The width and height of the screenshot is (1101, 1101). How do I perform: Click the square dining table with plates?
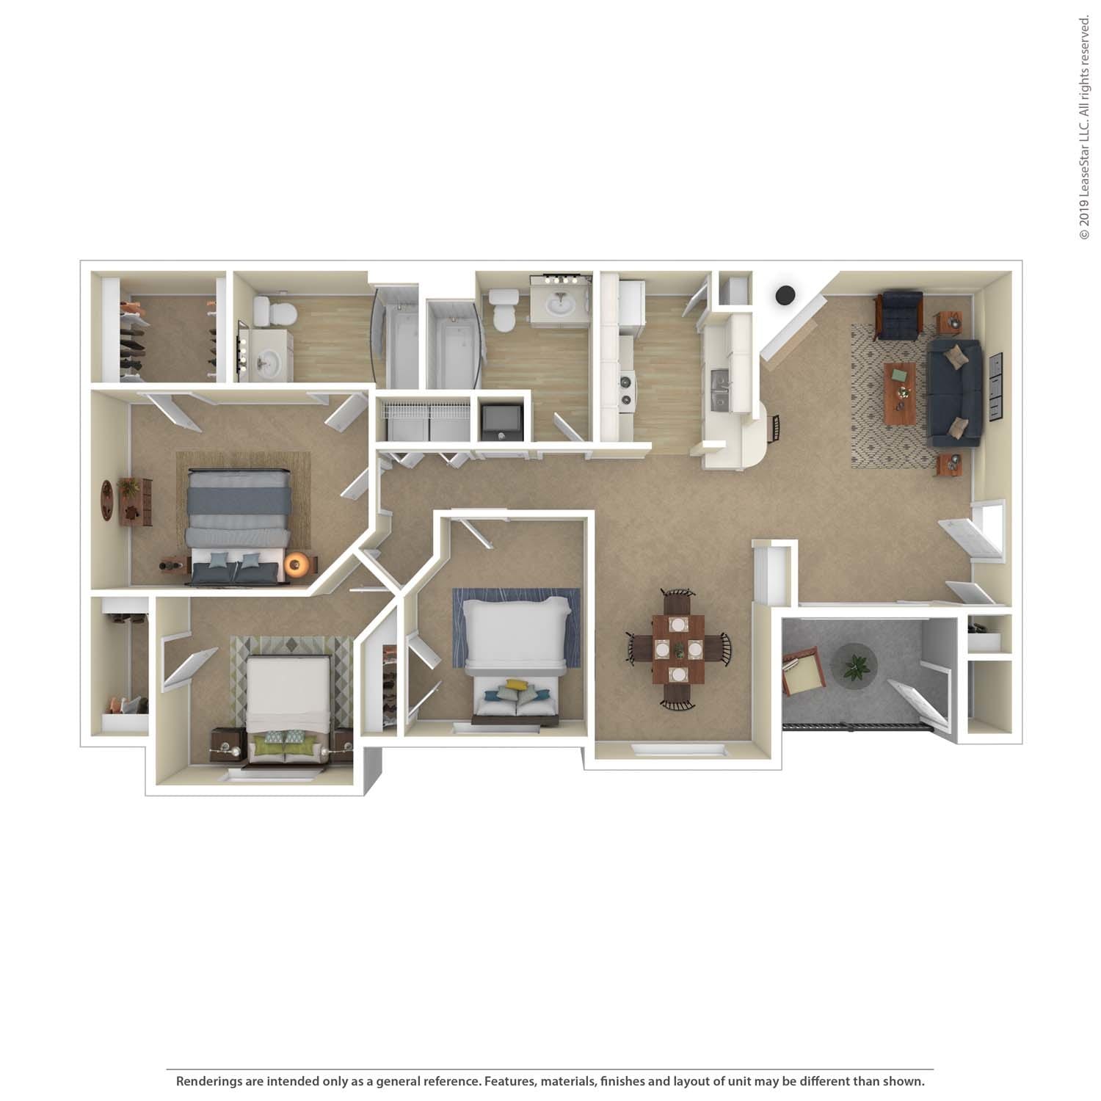[677, 648]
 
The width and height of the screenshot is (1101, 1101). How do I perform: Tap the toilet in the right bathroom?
[504, 309]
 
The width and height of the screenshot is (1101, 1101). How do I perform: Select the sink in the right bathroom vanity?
[561, 303]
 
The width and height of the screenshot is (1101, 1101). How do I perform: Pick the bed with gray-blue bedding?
[236, 525]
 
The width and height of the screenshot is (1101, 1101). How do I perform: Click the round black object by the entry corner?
[785, 295]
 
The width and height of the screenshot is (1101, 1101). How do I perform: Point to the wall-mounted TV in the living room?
[995, 387]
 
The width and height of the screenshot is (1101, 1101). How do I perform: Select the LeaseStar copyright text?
[1084, 128]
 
